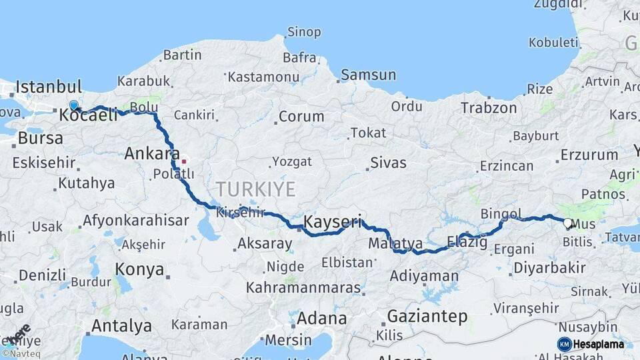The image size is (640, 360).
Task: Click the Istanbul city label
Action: pos(49,87)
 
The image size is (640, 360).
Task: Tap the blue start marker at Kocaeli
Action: pos(73,105)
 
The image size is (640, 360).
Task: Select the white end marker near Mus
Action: pos(567,223)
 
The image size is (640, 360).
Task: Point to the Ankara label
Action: pos(152,154)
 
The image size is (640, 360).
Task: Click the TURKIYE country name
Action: pos(255,189)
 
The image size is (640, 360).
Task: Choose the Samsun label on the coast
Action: pos(368,75)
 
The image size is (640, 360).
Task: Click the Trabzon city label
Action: pos(489,107)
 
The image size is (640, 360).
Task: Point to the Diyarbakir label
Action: pos(550,268)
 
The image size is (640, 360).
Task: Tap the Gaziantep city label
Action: pos(427,316)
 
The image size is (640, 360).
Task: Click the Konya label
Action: pos(139,269)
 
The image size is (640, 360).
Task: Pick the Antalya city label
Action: pos(121,326)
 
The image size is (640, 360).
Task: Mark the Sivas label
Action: pos(388,161)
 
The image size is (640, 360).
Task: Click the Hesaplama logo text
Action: pos(599,345)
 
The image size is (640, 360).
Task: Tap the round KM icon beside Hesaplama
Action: pos(565,345)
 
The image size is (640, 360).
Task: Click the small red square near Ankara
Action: pos(184,161)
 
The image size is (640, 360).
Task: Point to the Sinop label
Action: pos(303,32)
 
